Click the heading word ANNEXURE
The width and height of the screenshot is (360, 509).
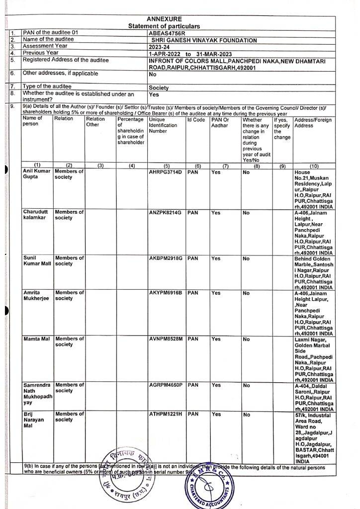point(164,19)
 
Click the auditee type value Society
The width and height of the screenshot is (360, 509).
point(159,87)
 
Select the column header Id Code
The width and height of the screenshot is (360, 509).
point(196,120)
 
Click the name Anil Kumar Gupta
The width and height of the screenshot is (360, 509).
point(36,174)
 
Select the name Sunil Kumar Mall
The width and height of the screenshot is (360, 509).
point(36,261)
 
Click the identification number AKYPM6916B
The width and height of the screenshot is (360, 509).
point(166,293)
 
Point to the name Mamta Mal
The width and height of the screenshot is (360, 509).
point(36,339)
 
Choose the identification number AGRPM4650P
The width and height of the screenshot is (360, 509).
point(166,385)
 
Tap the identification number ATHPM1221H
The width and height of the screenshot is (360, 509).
point(166,414)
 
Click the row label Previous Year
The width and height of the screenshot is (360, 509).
point(41,53)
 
